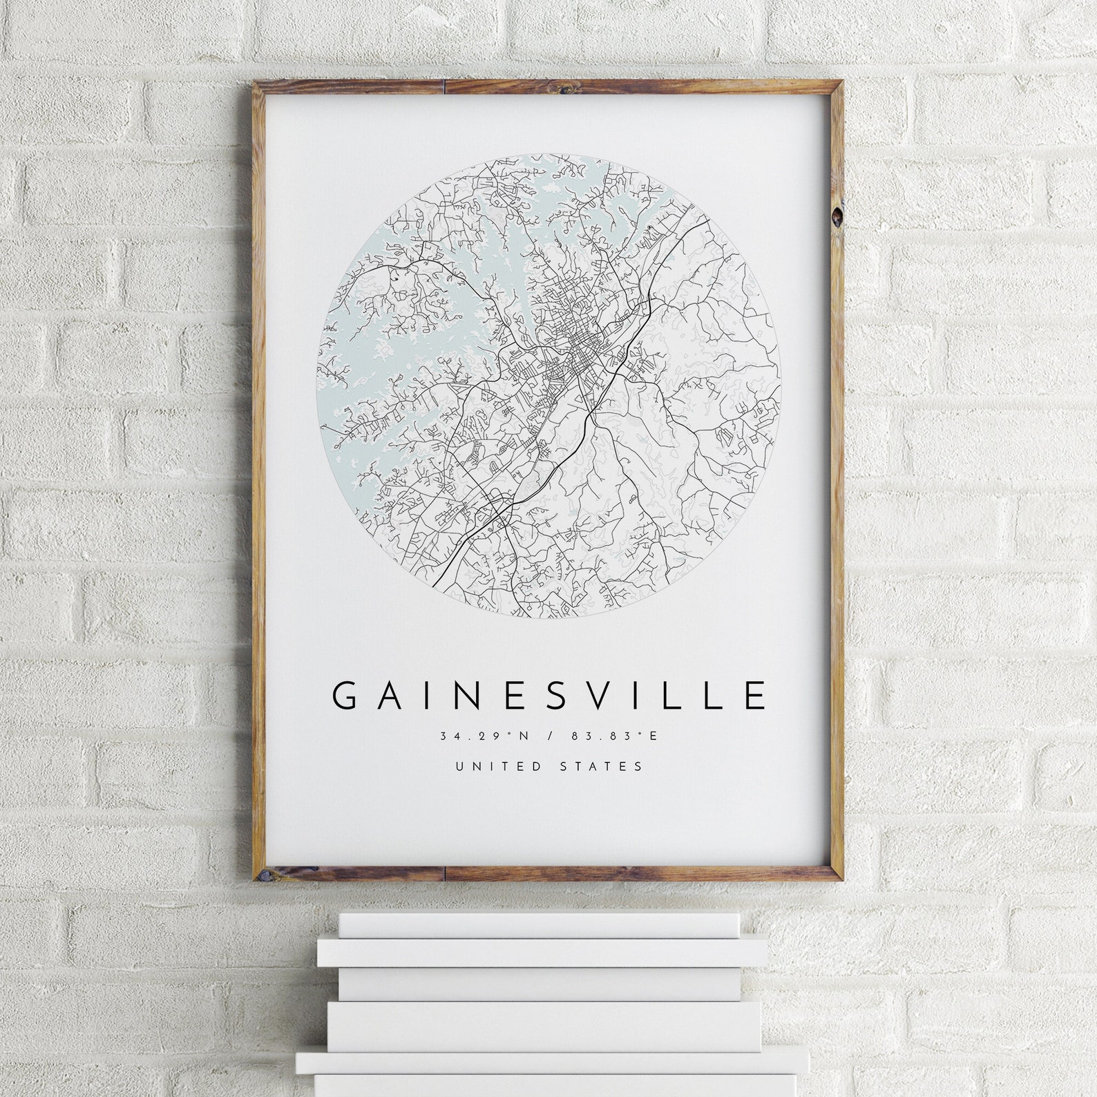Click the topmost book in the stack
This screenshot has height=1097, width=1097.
pyautogui.click(x=539, y=924)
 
